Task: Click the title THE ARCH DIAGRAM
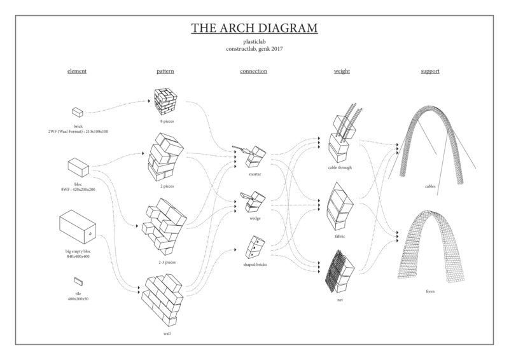(254, 28)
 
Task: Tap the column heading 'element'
(77, 71)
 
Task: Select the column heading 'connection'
(253, 71)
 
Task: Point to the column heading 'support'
(430, 71)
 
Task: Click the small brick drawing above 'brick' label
(78, 113)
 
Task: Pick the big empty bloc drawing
(78, 226)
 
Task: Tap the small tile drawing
(78, 281)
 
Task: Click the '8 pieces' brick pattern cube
(165, 102)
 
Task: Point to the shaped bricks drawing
(256, 247)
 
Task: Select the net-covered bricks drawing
(340, 271)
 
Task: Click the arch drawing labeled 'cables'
(432, 146)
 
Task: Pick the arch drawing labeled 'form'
(431, 247)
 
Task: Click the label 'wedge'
(255, 218)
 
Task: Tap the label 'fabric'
(340, 237)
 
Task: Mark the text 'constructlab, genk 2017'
(254, 49)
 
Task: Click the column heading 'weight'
(342, 71)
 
